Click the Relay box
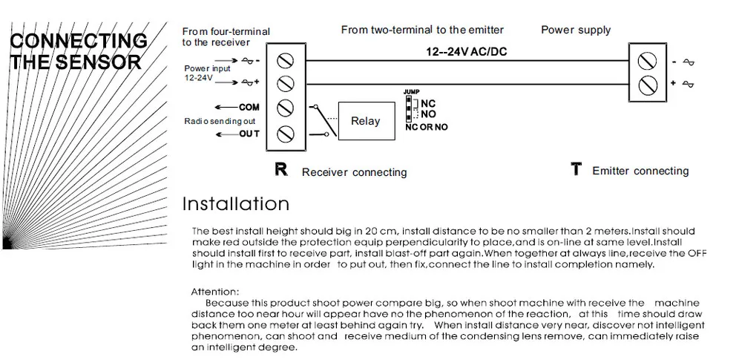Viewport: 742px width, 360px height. [365, 121]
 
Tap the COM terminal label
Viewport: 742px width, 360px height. [249, 107]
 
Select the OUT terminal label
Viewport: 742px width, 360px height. [249, 134]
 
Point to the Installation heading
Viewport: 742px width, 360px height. [235, 203]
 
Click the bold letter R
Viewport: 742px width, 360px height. [281, 170]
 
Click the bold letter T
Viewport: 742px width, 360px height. [575, 170]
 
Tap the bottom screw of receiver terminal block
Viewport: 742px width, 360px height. [286, 134]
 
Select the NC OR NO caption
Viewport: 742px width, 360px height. [427, 128]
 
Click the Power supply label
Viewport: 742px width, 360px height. [575, 30]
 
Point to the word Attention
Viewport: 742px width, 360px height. [215, 292]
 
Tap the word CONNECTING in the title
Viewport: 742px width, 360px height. [78, 41]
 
